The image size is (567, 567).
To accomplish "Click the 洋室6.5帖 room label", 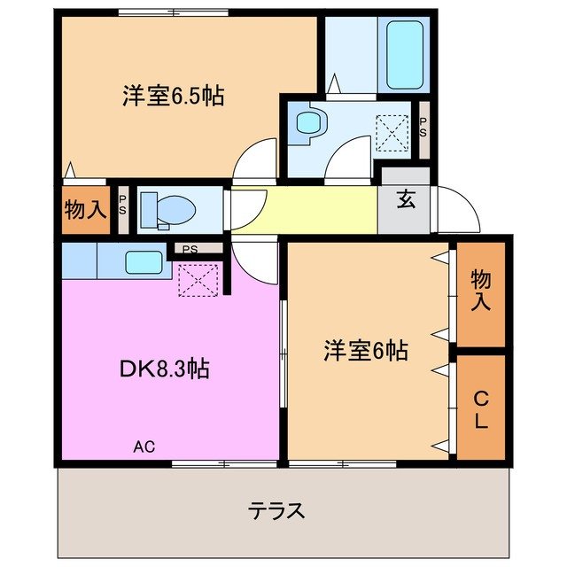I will tap(173, 96).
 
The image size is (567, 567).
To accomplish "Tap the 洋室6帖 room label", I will tap(365, 351).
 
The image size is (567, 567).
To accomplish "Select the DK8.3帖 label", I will tap(165, 369).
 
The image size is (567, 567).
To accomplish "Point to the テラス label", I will tap(276, 510).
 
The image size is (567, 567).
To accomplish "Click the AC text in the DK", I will tap(144, 447).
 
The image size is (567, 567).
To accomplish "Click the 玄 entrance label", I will tap(405, 200).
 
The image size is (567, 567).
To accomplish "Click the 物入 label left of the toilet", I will tap(85, 211).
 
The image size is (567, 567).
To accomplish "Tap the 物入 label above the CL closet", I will tap(479, 291).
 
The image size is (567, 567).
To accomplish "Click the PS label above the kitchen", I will tap(190, 250).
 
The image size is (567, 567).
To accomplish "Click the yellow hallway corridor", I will tap(306, 211).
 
